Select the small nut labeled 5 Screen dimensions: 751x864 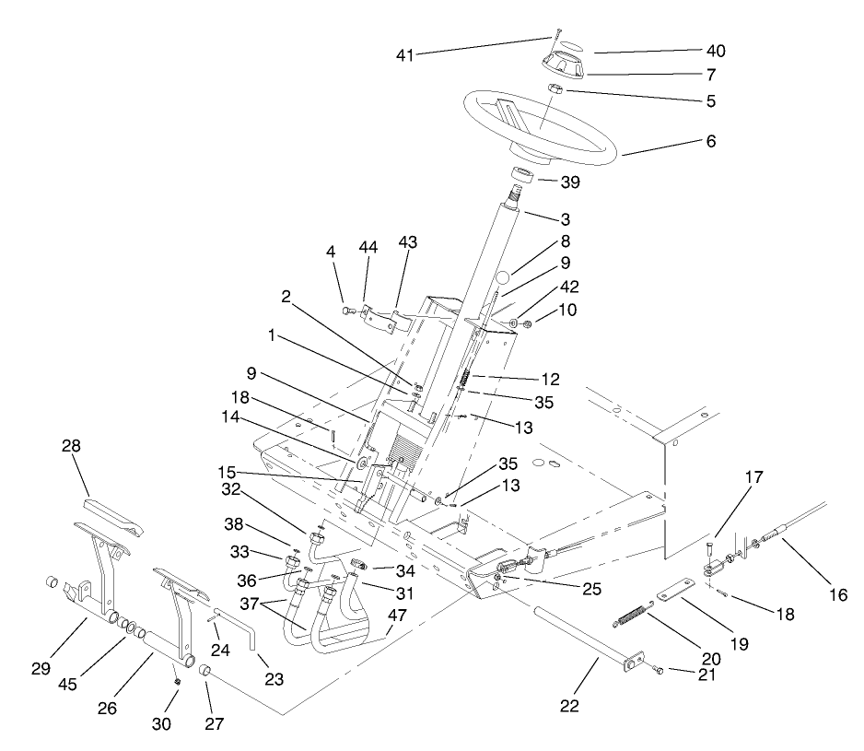pyautogui.click(x=555, y=88)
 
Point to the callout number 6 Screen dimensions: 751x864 pyautogui.click(x=710, y=142)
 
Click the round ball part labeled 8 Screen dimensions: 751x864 pyautogui.click(x=502, y=277)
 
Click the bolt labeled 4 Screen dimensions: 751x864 pyautogui.click(x=348, y=311)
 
